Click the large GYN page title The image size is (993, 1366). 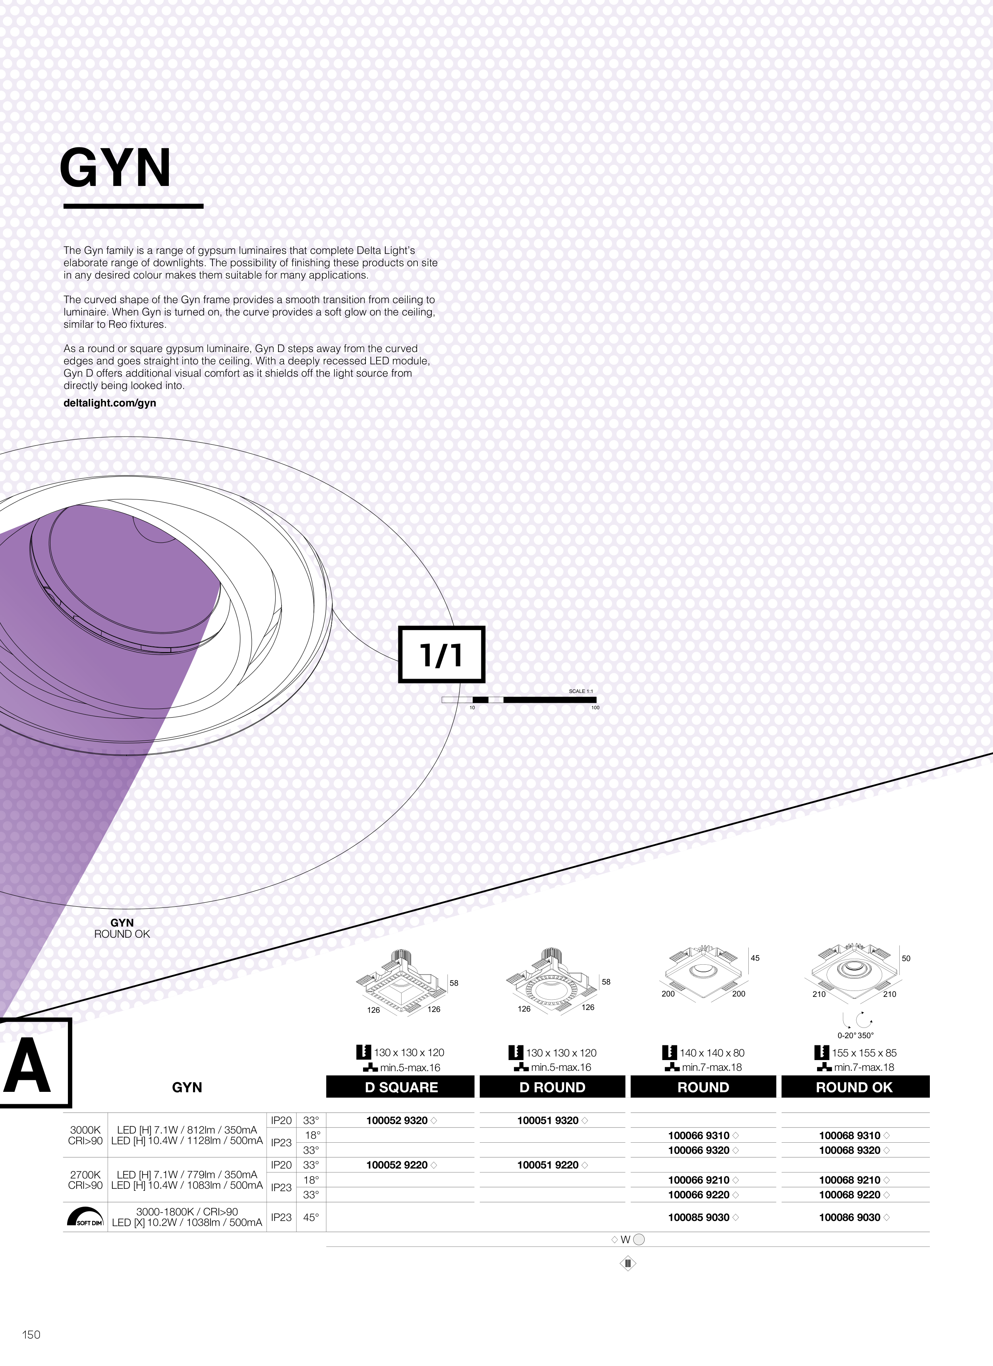pos(115,168)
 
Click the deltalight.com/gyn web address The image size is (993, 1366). pos(110,403)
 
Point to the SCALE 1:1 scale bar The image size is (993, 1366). pos(519,699)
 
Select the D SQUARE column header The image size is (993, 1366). pos(400,1087)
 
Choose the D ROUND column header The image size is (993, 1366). pos(552,1087)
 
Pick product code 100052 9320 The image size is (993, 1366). pos(397,1120)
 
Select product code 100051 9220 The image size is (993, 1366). pos(548,1165)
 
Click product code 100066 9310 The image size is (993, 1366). pos(699,1135)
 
